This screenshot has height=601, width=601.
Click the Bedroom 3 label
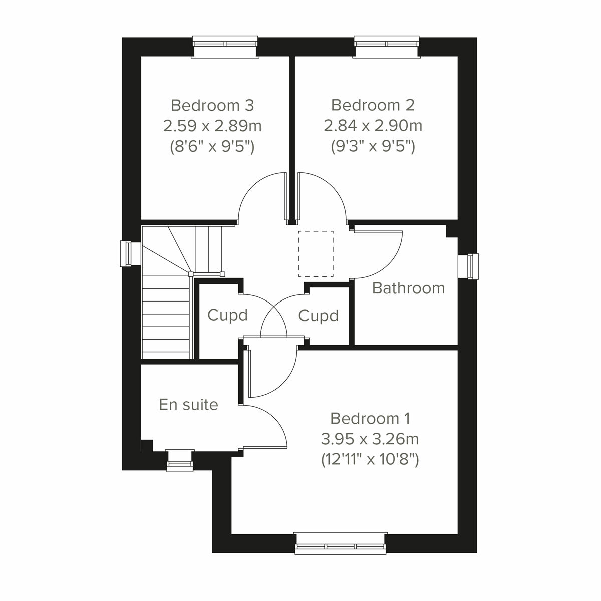212,105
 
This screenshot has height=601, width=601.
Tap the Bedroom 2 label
373,105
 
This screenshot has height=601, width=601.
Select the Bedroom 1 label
370,418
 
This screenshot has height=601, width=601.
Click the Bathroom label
408,288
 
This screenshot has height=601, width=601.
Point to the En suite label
188,404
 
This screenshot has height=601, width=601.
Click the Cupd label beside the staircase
227,315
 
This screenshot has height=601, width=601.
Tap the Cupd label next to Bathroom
318,316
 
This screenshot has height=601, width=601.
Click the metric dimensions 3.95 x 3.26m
370,439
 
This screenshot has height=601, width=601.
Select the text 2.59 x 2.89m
212,125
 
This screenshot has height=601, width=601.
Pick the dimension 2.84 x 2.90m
373,125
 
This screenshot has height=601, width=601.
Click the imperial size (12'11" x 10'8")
370,459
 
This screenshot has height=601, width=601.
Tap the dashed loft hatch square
316,254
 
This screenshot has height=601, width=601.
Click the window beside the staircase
127,254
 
